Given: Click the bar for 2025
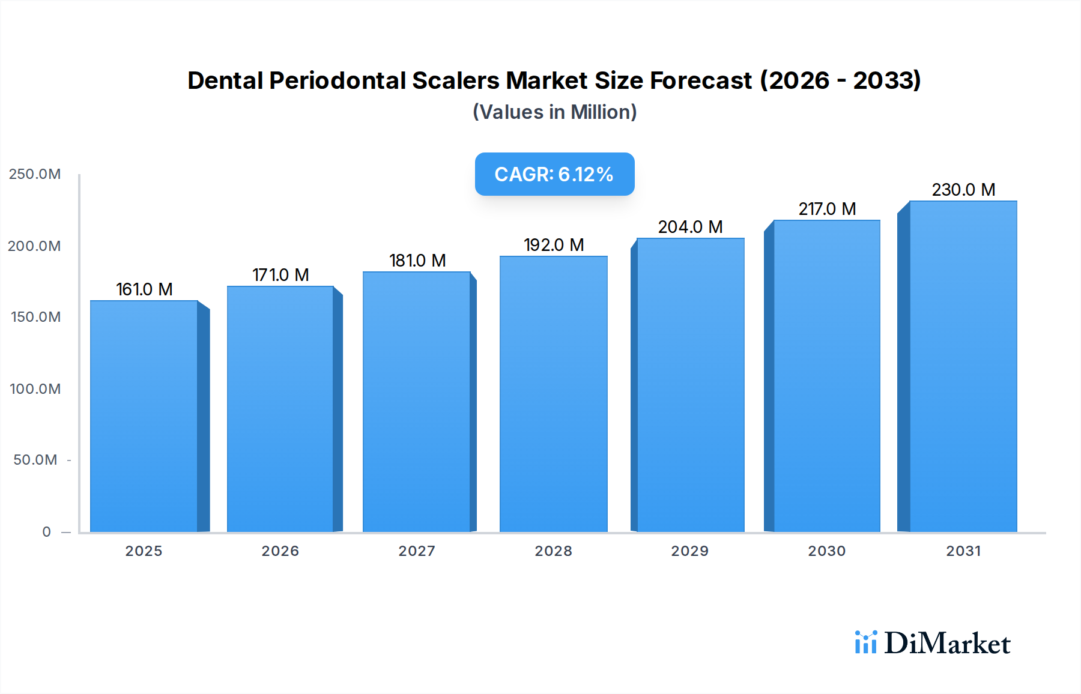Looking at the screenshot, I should tap(144, 416).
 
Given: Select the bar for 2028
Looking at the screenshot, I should tap(553, 394).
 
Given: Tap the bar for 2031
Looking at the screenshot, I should tap(963, 366).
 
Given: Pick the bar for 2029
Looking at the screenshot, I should tap(690, 385).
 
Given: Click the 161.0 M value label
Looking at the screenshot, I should tap(144, 289).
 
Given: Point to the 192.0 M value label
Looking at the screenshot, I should tap(553, 245).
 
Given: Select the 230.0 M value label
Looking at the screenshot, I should tap(963, 190).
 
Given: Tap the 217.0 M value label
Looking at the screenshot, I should tap(826, 209).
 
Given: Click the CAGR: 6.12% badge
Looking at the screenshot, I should tap(554, 174).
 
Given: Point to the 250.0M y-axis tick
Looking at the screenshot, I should tap(35, 174).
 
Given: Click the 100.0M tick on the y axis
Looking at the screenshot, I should tap(35, 389).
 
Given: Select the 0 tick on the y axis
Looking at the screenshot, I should tap(46, 532).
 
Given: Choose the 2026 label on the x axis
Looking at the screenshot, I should tap(280, 551).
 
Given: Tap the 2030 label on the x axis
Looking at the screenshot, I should tap(826, 551).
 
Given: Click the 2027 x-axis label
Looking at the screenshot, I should tap(417, 551).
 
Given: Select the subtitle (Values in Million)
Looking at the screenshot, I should tap(554, 112).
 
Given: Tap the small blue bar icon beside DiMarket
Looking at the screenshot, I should tap(865, 642).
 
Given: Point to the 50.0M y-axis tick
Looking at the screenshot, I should tap(35, 460).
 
